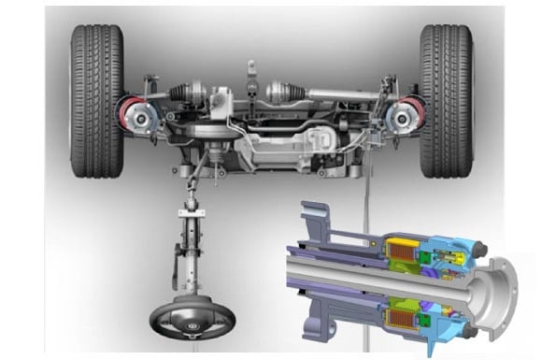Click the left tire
97,101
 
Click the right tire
446,101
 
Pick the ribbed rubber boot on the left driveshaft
183,93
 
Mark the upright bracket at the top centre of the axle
250,75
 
